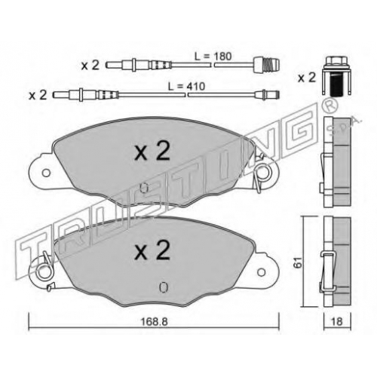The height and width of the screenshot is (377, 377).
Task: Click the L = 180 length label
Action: click(213, 57)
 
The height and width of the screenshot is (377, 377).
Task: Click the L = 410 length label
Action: click(186, 87)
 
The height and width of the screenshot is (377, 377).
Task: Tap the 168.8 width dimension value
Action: click(154, 321)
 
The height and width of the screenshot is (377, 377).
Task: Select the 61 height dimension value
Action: click(299, 262)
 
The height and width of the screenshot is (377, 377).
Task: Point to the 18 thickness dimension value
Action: click(337, 321)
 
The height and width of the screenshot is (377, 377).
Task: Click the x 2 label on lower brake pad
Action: click(152, 250)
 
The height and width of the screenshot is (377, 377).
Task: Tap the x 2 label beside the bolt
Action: click(307, 78)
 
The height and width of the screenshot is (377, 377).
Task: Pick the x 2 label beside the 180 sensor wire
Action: click(90, 66)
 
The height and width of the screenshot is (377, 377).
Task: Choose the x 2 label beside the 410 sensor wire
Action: click(38, 95)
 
